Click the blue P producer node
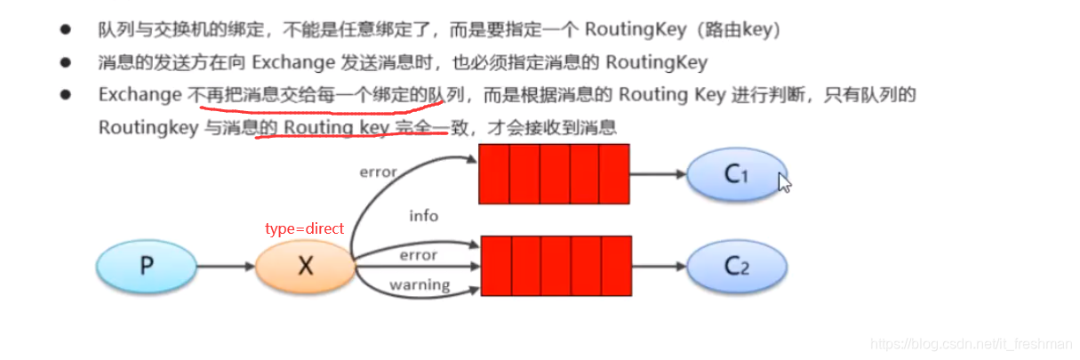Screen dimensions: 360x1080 tap(146, 266)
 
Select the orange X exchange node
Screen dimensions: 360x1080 tap(305, 266)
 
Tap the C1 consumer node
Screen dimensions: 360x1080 tap(734, 174)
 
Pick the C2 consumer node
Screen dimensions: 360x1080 tap(734, 266)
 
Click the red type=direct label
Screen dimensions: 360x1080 tap(304, 228)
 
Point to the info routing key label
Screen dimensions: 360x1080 tap(423, 216)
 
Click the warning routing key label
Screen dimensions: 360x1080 tap(420, 285)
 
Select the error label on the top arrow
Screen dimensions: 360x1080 tap(378, 171)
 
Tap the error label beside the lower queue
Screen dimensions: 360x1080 tap(418, 255)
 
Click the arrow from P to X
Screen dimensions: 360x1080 tap(225, 266)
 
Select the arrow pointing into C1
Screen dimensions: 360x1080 tap(658, 174)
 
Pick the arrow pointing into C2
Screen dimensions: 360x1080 tap(658, 266)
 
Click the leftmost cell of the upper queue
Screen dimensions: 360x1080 tap(493, 174)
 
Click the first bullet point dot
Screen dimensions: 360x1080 tap(65, 30)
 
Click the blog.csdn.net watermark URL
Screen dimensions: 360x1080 tap(972, 343)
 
